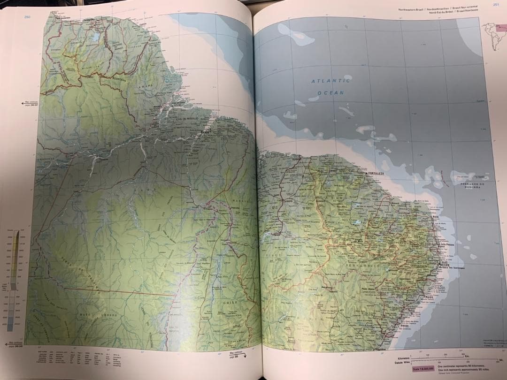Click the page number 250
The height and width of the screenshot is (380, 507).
click(x=27, y=17)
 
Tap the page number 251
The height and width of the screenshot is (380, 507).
click(x=496, y=5)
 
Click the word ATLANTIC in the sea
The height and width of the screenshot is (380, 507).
click(x=330, y=81)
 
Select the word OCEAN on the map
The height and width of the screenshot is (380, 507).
click(x=330, y=93)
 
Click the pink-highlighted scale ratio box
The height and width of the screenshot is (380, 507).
click(x=423, y=369)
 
